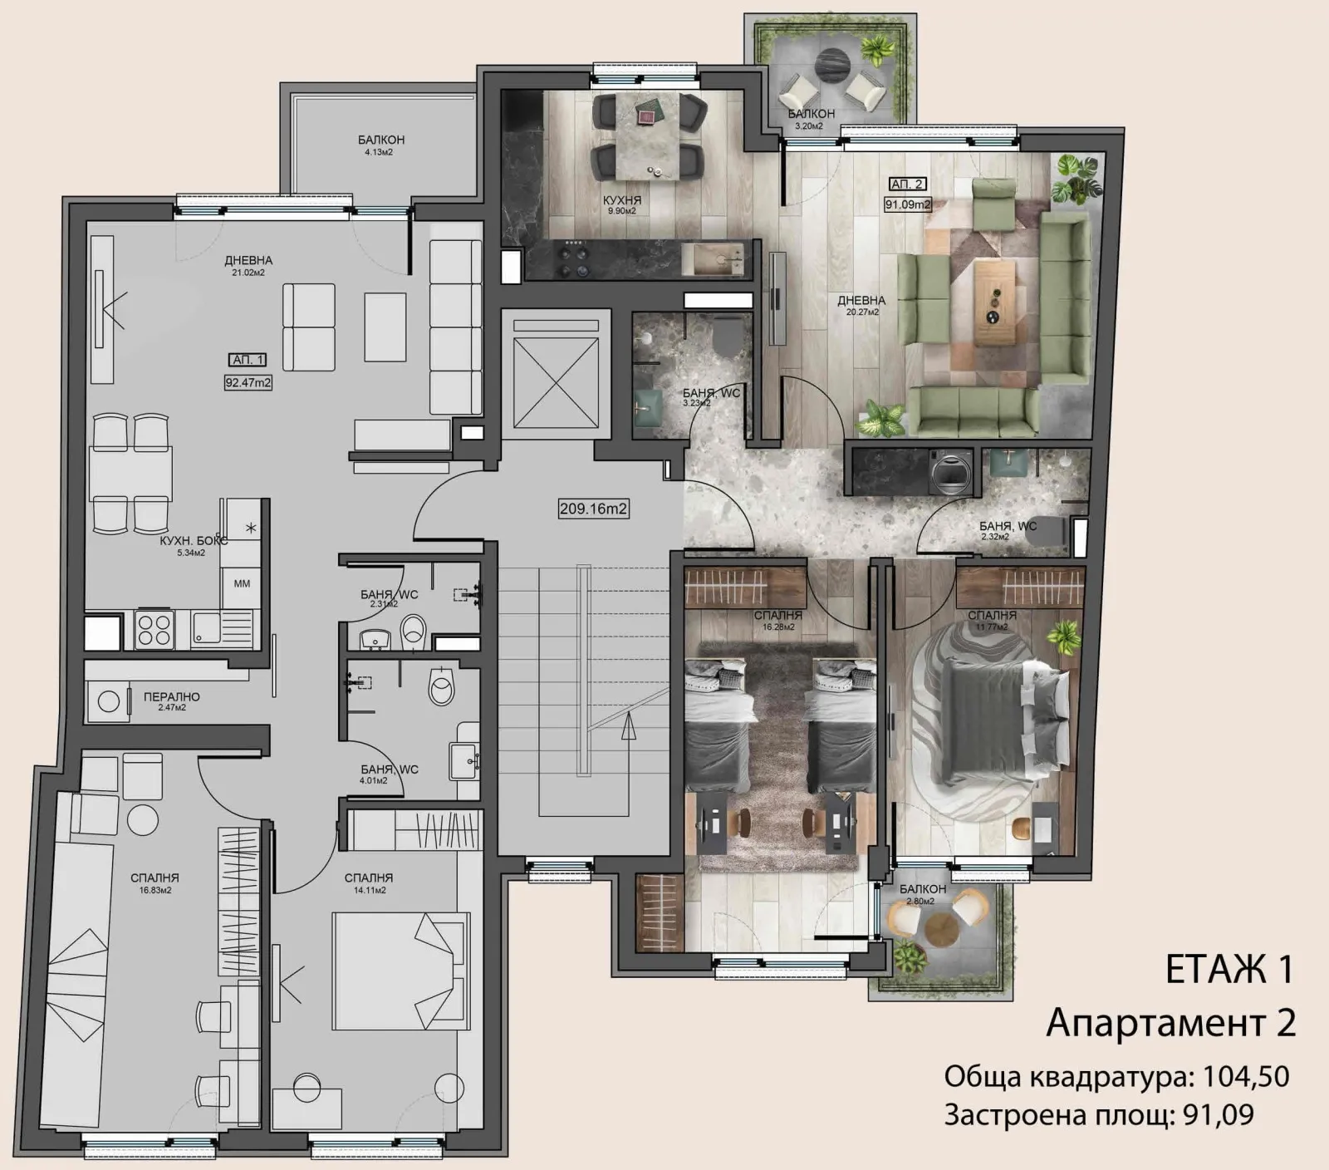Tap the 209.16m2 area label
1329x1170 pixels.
pos(593,509)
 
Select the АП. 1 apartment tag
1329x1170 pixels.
pos(248,360)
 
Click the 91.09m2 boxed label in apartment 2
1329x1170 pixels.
pos(907,204)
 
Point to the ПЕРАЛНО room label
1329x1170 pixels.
pos(171,697)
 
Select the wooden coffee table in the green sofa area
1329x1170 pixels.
pos(995,302)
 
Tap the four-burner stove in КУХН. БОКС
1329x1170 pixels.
pos(154,629)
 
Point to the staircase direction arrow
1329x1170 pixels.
pos(629,729)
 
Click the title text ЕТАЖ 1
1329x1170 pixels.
pos(1229,970)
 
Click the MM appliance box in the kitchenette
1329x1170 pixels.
pos(242,583)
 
